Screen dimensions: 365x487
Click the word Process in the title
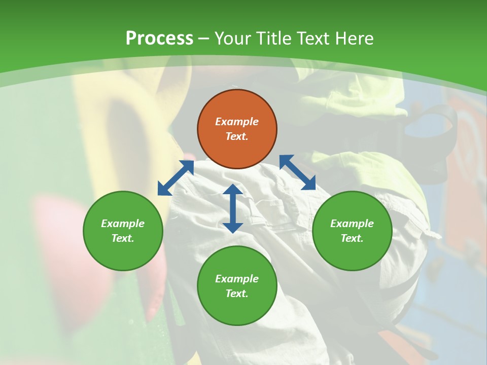159,39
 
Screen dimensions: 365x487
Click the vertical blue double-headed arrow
233,208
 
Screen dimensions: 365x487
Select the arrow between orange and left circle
176,177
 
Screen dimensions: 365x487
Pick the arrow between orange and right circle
297,172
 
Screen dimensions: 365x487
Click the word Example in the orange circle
237,122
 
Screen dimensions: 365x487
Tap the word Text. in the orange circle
237,136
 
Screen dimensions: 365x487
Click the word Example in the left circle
123,224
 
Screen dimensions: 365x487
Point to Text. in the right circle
352,238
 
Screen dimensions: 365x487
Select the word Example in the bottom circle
237,279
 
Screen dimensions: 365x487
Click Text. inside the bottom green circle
237,294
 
